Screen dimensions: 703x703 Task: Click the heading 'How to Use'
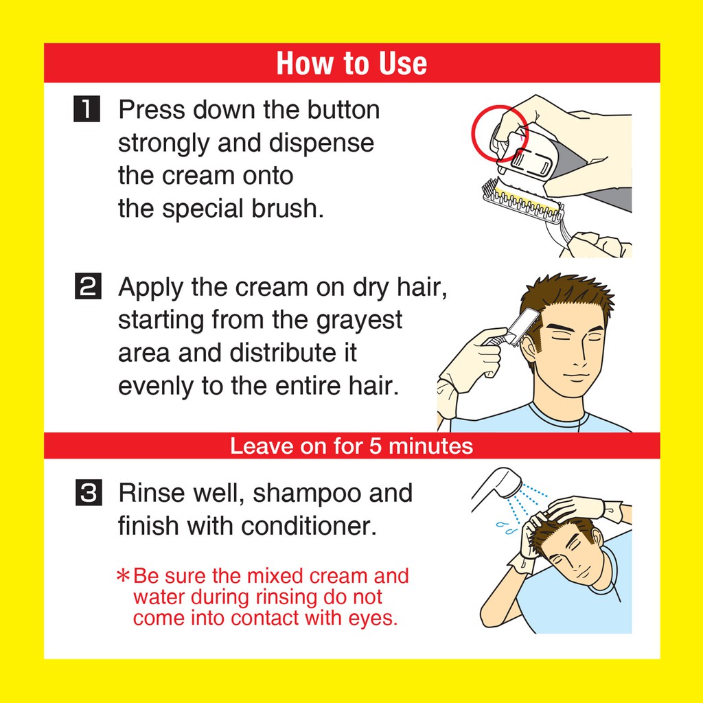click(351, 63)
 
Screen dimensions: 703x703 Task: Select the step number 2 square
click(87, 286)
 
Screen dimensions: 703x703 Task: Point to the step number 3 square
click(89, 492)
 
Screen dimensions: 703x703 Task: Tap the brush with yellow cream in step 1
click(522, 201)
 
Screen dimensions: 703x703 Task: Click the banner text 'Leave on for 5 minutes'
click(351, 446)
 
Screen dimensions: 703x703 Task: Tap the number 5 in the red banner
click(376, 446)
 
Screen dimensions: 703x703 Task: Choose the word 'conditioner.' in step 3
click(309, 525)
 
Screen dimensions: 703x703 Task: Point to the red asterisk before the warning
click(123, 576)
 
